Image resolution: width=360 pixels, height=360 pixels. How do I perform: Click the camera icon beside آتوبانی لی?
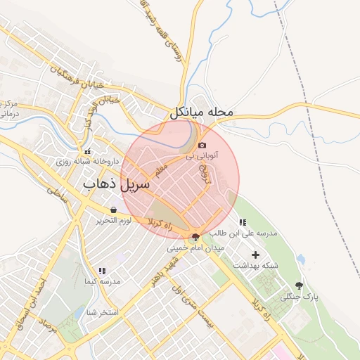pyautogui.click(x=202, y=144)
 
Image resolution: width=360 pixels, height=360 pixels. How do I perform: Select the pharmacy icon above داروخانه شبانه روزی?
pyautogui.click(x=88, y=151)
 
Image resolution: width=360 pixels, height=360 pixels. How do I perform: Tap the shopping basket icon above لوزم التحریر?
pyautogui.click(x=113, y=210)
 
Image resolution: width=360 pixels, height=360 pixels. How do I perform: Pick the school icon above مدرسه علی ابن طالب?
pyautogui.click(x=243, y=223)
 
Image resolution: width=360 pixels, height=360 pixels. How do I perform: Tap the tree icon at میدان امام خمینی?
pyautogui.click(x=195, y=238)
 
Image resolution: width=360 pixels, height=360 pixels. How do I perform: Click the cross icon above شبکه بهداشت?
pyautogui.click(x=255, y=255)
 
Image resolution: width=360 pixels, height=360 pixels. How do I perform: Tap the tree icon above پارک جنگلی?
pyautogui.click(x=300, y=285)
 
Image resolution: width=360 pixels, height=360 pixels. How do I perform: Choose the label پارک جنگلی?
pyautogui.click(x=300, y=297)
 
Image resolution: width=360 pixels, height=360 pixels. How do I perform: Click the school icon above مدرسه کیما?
pyautogui.click(x=102, y=271)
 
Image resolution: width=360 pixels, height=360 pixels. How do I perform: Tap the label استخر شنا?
pyautogui.click(x=101, y=311)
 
